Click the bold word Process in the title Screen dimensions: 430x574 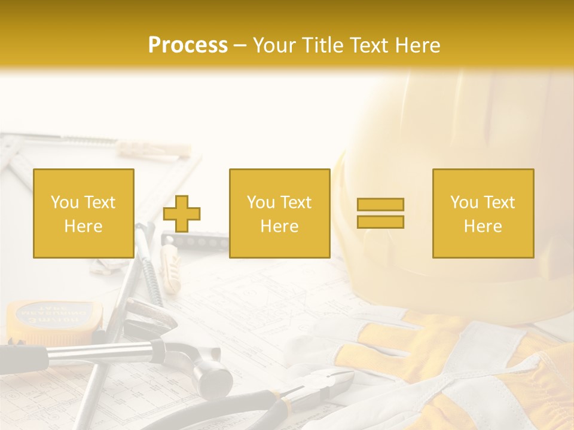click(188, 45)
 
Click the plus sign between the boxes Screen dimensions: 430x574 click(182, 214)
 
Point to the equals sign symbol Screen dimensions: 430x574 click(380, 213)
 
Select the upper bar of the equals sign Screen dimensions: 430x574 click(380, 205)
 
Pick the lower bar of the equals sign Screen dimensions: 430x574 click(380, 222)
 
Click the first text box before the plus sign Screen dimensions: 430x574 click(84, 213)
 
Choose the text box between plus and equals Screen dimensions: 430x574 click(279, 213)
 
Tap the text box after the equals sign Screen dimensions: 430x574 click(483, 213)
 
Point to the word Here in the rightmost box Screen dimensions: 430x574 click(483, 226)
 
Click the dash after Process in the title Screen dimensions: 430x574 click(240, 45)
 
